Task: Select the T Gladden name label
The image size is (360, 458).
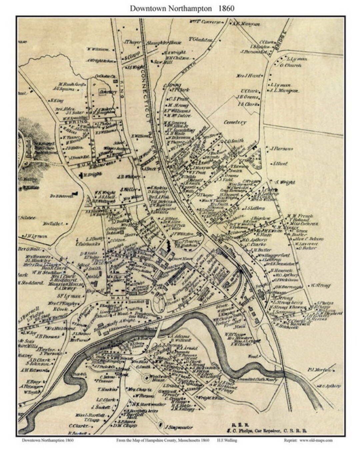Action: (200, 40)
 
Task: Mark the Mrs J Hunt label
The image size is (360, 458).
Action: (249, 76)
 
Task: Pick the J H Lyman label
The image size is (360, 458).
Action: (35, 236)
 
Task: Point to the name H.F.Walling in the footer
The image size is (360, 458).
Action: (228, 440)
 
